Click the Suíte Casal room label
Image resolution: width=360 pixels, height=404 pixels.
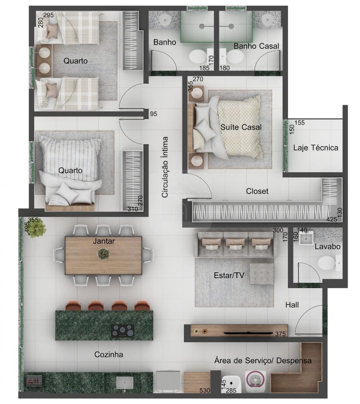tap(241, 127)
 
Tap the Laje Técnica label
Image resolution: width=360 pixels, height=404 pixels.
tap(316, 147)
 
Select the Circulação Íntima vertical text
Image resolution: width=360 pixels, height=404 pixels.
tap(165, 167)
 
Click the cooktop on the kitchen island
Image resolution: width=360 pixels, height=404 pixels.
tap(123, 331)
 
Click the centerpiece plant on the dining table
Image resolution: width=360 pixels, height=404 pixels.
tap(103, 254)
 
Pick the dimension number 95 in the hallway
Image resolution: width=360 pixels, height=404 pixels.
tap(153, 114)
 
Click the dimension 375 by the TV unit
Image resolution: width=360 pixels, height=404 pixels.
tap(280, 334)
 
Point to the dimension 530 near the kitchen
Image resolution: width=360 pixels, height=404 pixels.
tap(205, 390)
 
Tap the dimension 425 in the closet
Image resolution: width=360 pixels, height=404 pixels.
tap(332, 219)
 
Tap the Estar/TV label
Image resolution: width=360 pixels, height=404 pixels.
tap(229, 276)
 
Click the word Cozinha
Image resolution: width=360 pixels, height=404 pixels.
tap(109, 354)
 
